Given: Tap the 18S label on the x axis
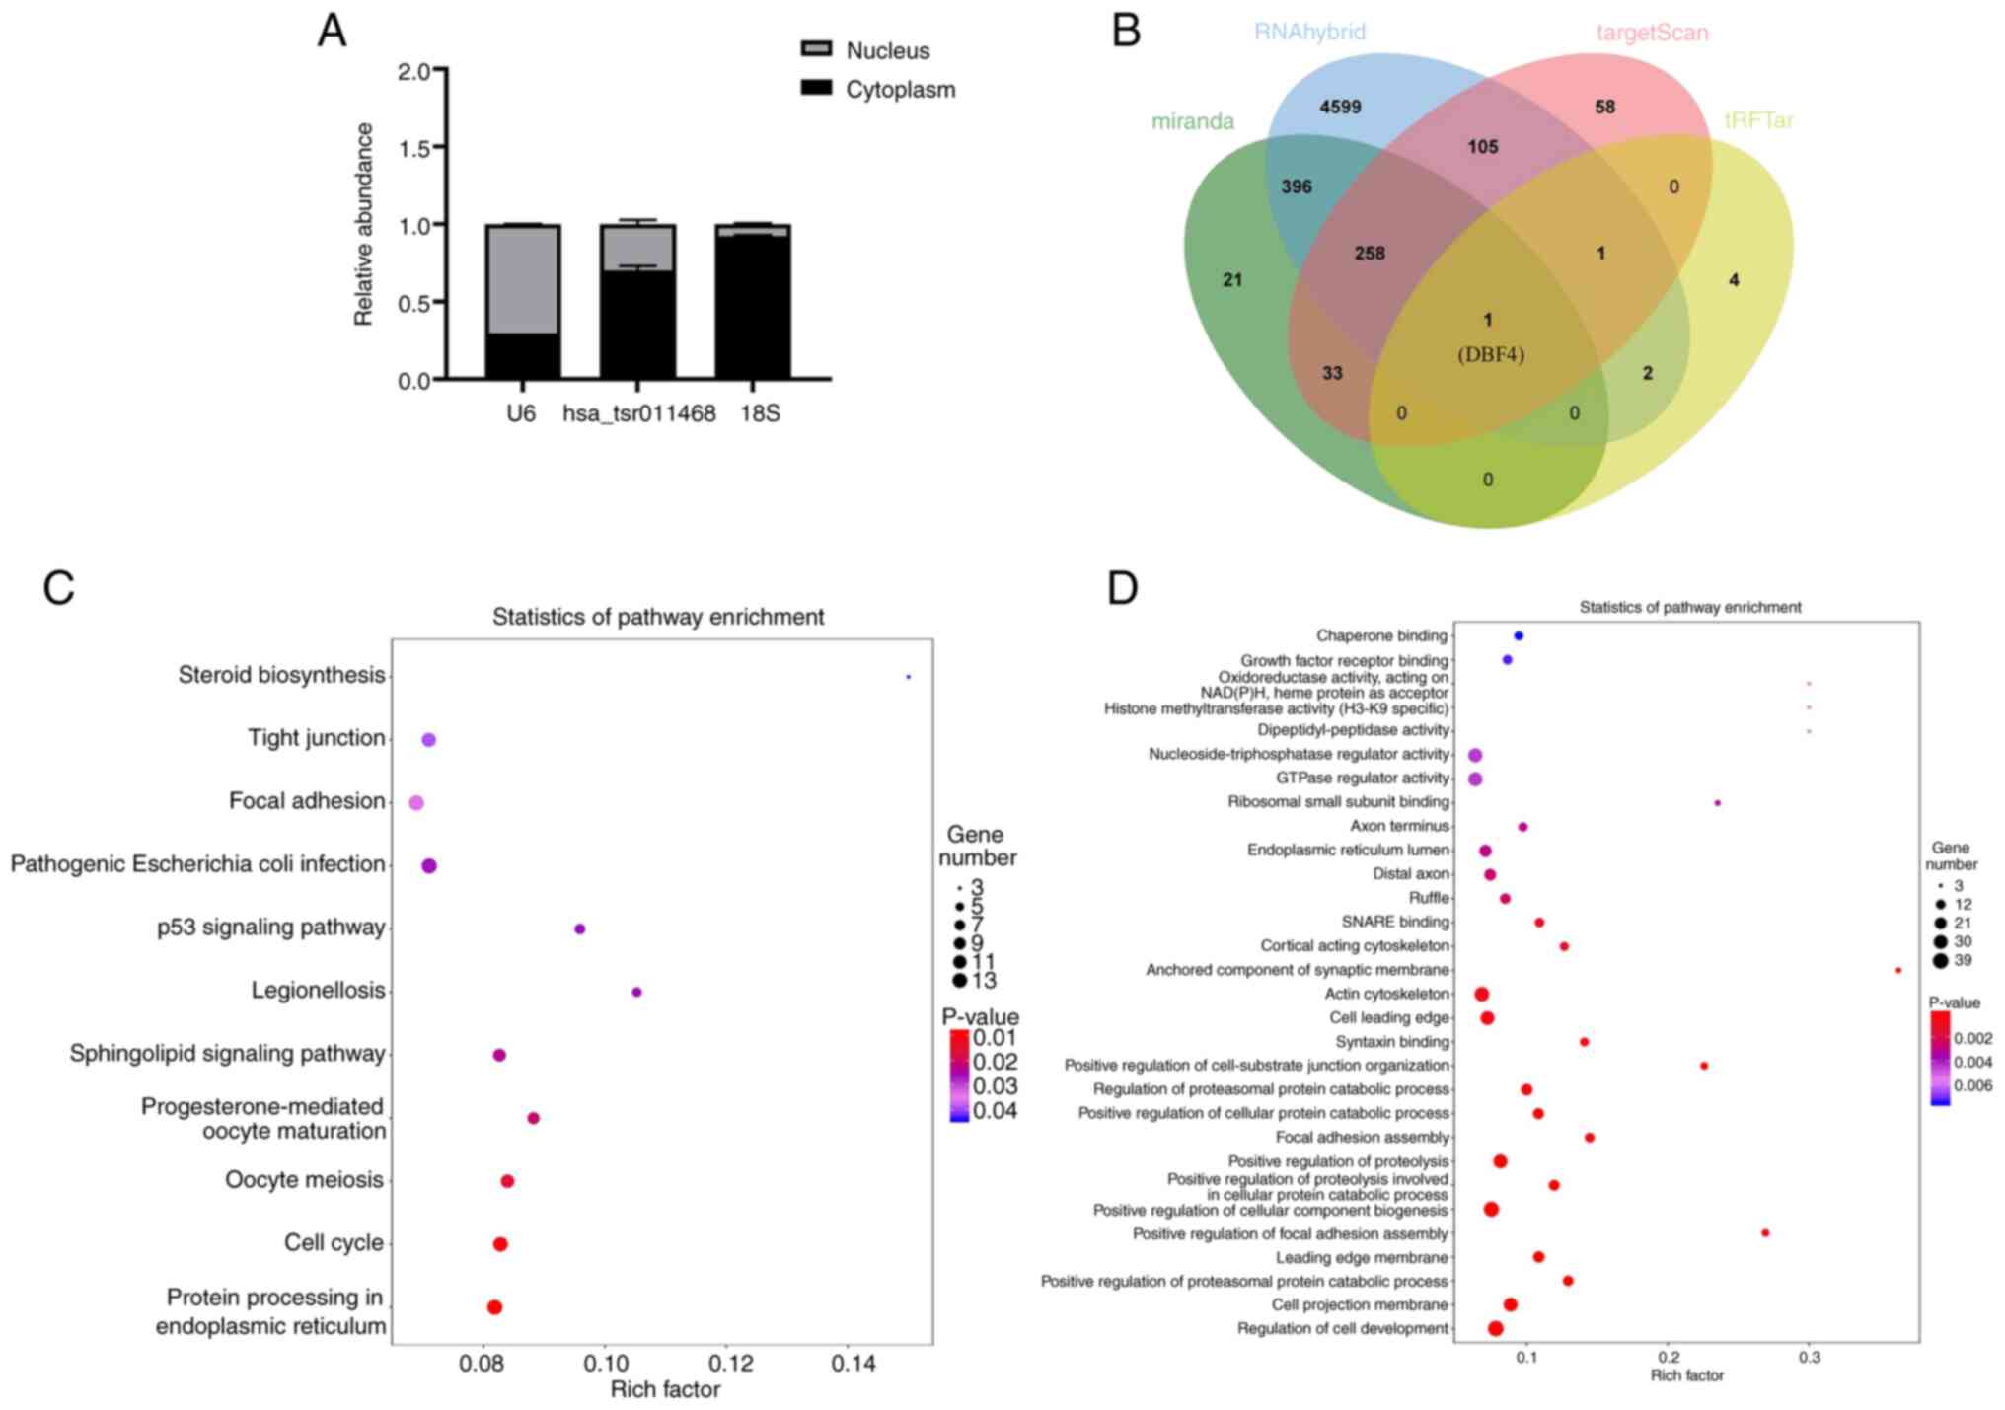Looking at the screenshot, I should (760, 413).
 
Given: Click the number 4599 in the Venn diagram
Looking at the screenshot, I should (1340, 107).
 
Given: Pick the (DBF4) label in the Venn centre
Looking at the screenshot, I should (1491, 355).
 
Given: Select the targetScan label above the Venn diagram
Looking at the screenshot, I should (1652, 33).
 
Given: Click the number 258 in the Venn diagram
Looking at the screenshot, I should (1370, 254).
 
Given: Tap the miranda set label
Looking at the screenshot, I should (1192, 121).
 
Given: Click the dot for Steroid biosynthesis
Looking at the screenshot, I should (908, 677).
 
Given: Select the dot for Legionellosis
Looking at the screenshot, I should (636, 992).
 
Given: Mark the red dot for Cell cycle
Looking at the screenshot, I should (500, 1244).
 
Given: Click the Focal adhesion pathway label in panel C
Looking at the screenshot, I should (306, 801).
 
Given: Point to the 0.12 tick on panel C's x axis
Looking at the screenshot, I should (727, 1364).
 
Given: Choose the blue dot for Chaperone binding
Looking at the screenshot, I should (1519, 636).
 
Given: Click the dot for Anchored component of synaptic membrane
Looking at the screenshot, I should (1898, 971).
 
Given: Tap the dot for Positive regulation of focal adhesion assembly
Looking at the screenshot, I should (1765, 1233).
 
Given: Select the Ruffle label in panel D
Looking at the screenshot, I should (1429, 898).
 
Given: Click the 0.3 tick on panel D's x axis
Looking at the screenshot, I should (1809, 1358).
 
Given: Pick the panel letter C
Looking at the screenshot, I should (58, 588).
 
